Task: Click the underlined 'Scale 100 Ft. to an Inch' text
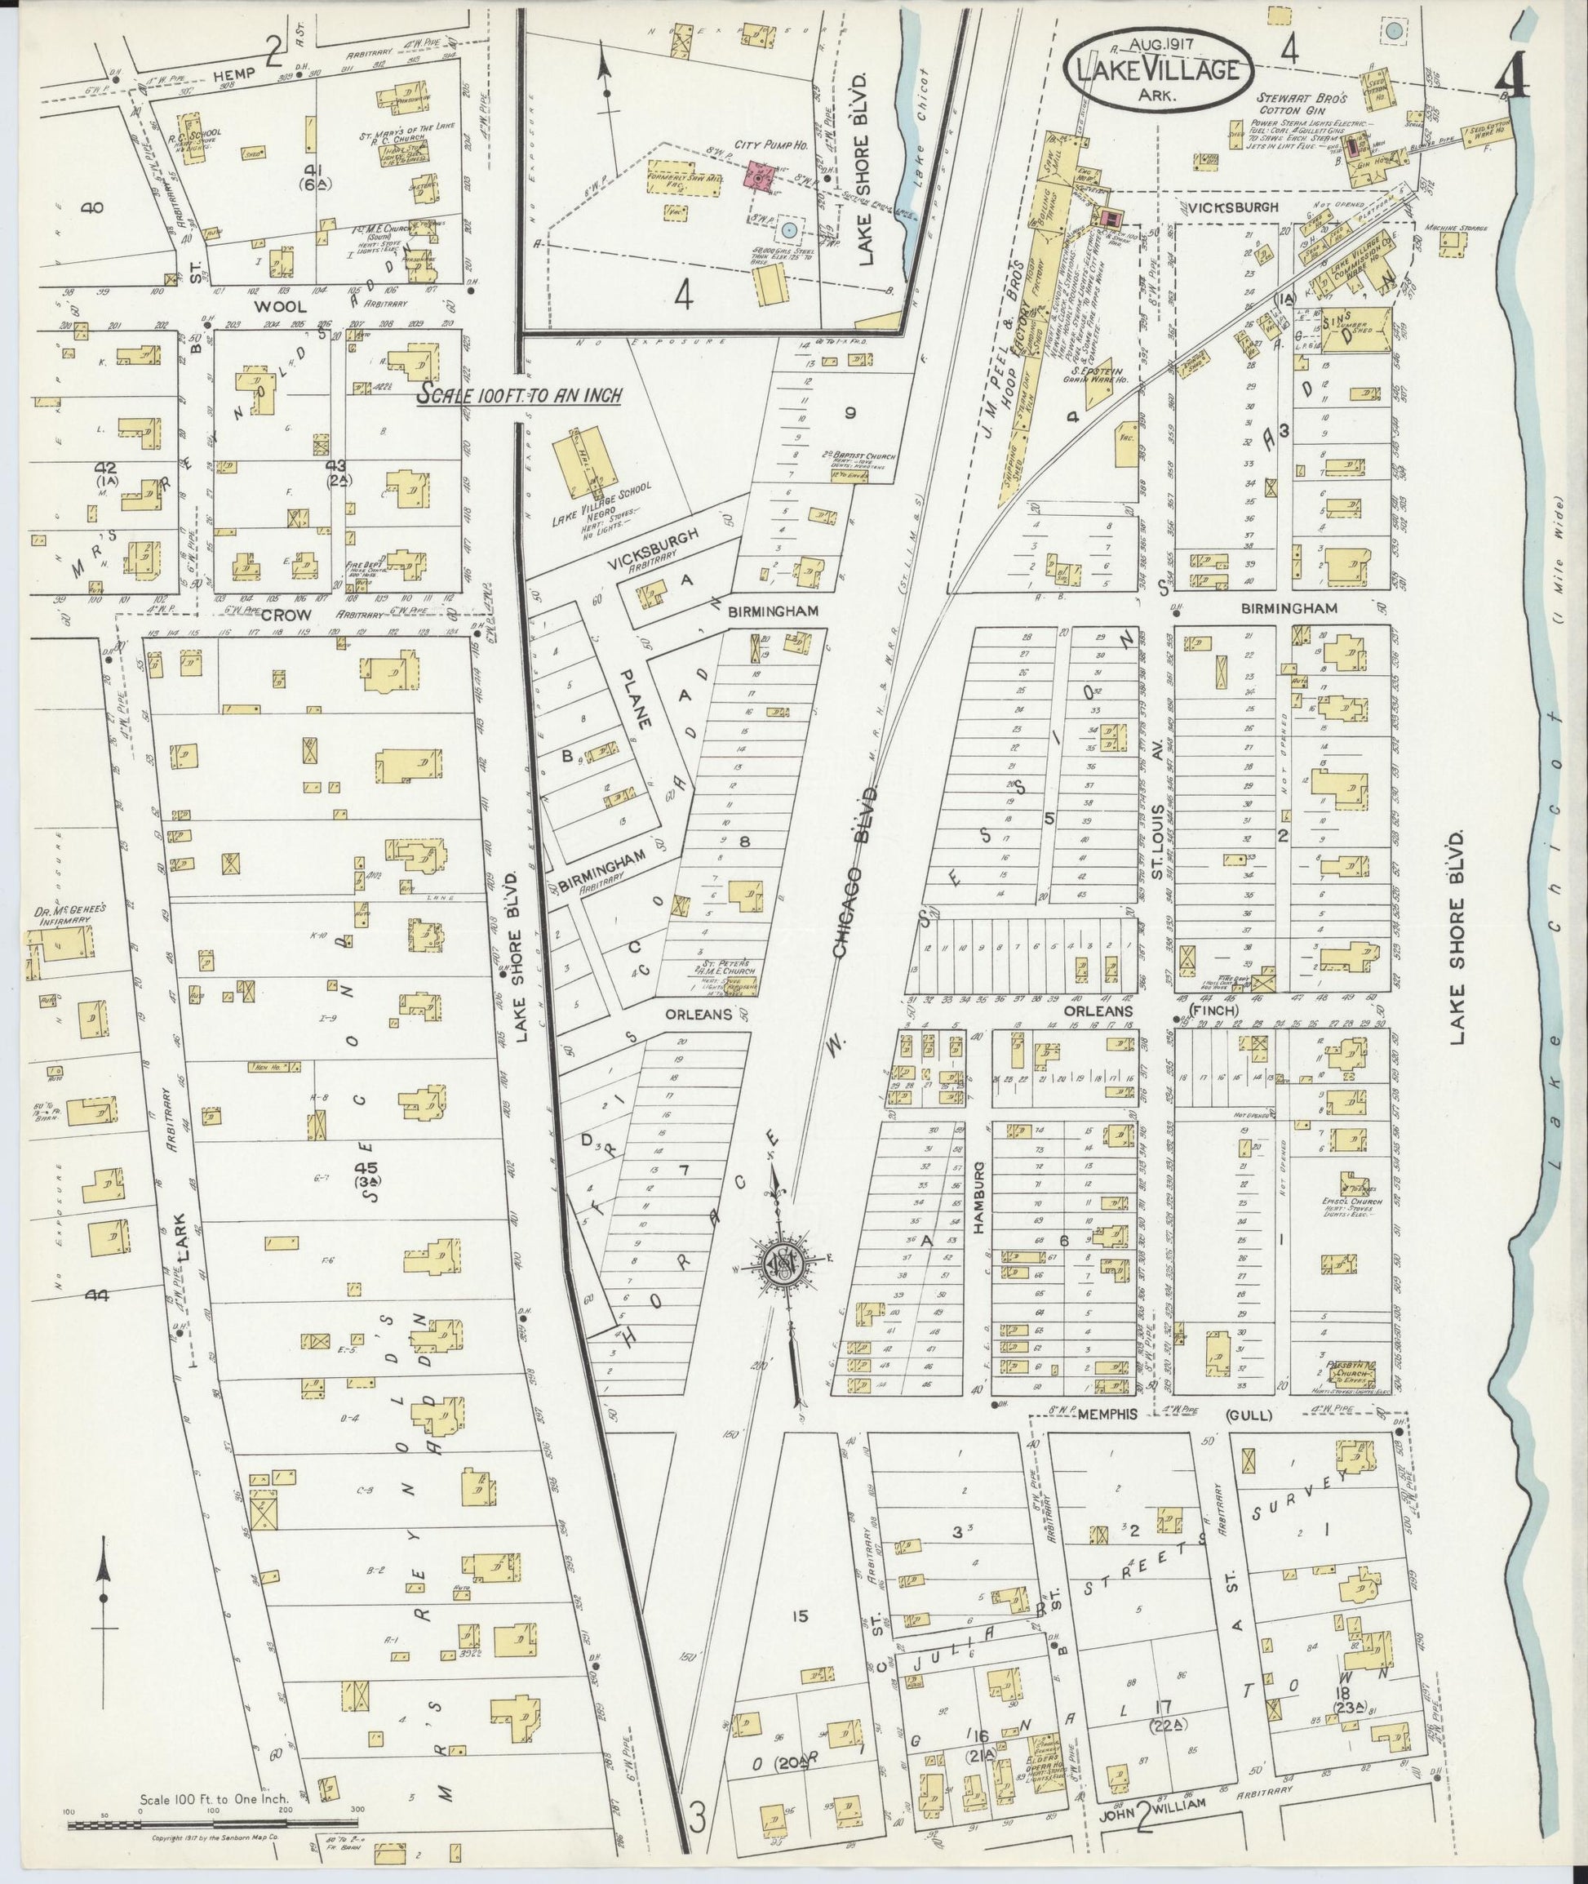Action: point(521,394)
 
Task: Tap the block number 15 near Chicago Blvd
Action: point(797,1616)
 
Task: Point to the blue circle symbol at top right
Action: point(1394,33)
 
